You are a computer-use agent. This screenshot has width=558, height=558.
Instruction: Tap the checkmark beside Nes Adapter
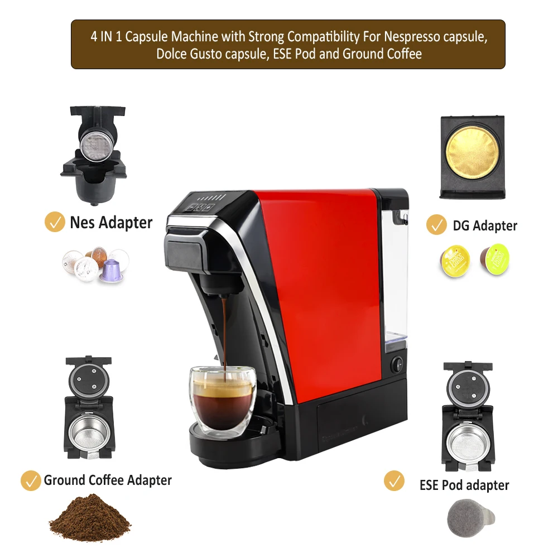[55, 222]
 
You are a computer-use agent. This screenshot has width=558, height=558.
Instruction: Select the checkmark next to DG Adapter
[436, 225]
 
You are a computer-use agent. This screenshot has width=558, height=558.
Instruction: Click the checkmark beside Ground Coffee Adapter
[31, 480]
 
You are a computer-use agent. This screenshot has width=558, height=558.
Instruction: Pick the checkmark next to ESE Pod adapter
[395, 481]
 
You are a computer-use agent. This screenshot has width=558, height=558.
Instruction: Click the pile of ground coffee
[89, 517]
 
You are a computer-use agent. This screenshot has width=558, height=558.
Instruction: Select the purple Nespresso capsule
[110, 270]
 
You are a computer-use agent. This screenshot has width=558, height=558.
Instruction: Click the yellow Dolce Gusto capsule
[454, 261]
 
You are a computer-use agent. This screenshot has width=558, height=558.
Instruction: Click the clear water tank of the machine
[395, 279]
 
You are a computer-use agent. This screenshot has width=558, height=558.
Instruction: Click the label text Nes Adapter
[111, 223]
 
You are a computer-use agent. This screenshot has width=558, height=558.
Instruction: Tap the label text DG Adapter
[485, 225]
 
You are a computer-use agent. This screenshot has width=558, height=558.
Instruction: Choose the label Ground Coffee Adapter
[108, 480]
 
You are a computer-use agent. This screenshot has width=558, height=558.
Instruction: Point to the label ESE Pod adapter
[464, 484]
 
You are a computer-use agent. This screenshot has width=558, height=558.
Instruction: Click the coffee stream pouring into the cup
[224, 335]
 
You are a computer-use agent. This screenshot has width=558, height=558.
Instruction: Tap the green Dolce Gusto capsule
[496, 258]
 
